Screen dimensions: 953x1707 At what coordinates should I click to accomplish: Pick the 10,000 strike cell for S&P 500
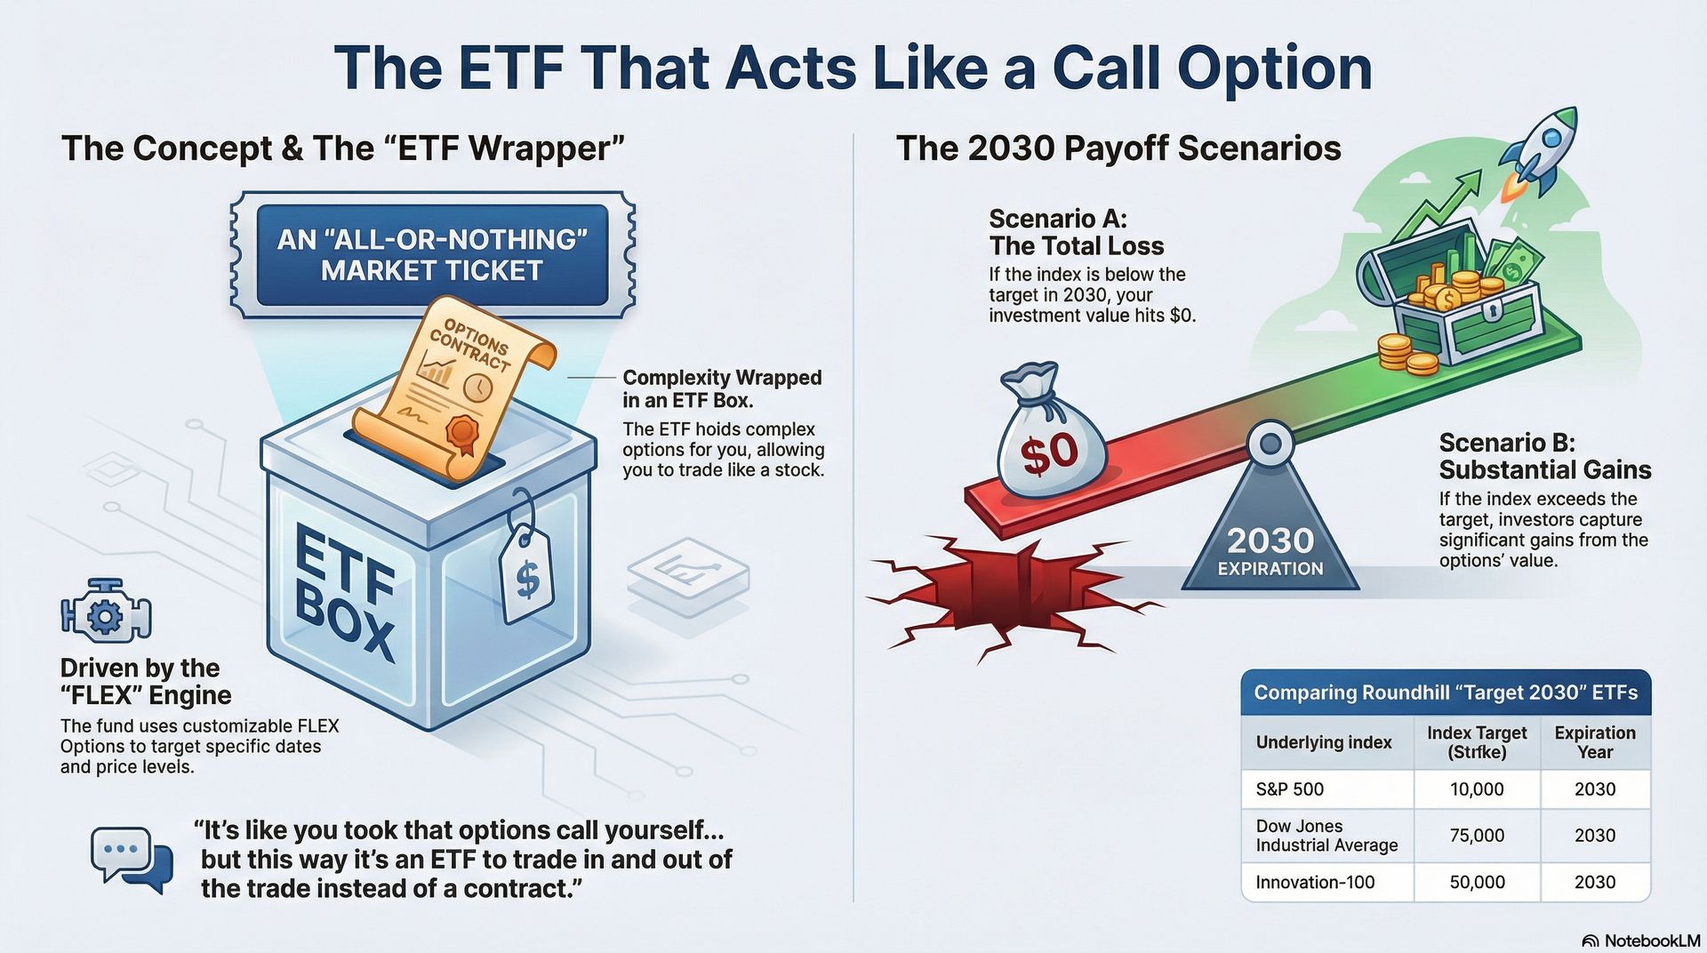click(x=1477, y=789)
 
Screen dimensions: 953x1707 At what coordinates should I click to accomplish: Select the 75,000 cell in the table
click(x=1477, y=836)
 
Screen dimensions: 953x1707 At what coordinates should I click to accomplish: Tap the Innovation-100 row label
click(x=1315, y=883)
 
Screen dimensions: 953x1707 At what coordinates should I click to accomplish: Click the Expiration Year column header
click(x=1594, y=742)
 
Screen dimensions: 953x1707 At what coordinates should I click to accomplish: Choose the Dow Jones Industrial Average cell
click(x=1326, y=836)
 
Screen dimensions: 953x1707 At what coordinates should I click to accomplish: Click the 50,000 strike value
click(x=1477, y=883)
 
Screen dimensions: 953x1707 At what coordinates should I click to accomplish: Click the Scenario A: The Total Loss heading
click(x=1076, y=232)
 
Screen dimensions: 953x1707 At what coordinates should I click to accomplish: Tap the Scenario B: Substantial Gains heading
click(x=1544, y=456)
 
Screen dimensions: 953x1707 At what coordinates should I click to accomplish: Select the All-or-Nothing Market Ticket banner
click(x=432, y=255)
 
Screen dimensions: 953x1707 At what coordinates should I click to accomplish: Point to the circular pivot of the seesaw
click(x=1270, y=442)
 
